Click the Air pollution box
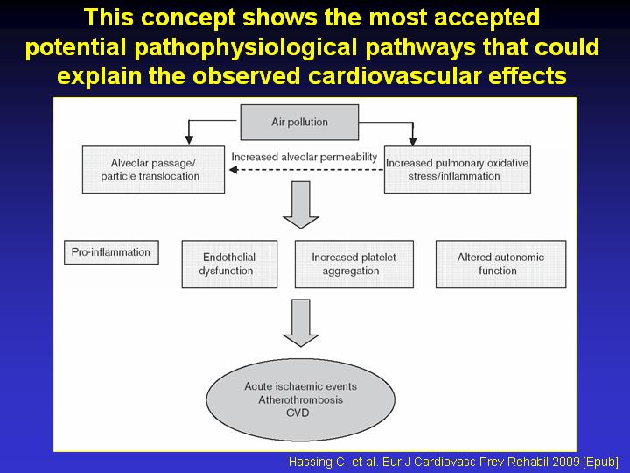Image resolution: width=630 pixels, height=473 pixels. [x=299, y=123]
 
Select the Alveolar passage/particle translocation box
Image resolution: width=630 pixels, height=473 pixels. [x=153, y=170]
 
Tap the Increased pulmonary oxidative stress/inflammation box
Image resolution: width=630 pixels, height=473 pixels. [x=458, y=170]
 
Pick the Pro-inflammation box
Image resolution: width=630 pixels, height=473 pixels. [x=111, y=252]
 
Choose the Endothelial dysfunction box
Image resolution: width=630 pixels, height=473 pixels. [x=229, y=265]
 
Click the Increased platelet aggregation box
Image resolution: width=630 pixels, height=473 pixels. [x=354, y=265]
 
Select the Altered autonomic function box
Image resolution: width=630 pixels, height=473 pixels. [x=501, y=265]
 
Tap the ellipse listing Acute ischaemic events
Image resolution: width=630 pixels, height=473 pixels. [x=300, y=399]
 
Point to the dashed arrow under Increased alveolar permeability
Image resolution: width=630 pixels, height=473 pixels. [x=306, y=170]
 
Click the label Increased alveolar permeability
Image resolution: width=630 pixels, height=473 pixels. [x=304, y=157]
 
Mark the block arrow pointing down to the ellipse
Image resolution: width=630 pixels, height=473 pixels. [x=300, y=323]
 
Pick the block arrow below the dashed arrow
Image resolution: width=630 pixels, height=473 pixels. [x=300, y=205]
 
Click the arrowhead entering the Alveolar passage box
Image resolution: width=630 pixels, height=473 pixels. [x=189, y=140]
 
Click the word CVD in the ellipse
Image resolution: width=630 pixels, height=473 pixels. [x=297, y=413]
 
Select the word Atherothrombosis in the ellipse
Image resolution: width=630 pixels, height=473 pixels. [x=300, y=399]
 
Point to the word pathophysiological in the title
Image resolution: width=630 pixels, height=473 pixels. [x=246, y=48]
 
